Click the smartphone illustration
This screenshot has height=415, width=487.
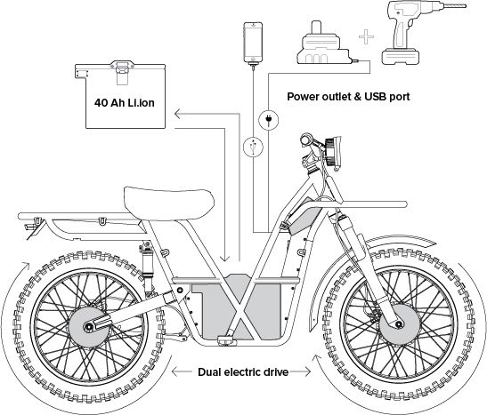coord(252,42)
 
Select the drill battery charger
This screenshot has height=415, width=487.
coord(323,44)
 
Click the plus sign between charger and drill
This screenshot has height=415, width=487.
coord(366,37)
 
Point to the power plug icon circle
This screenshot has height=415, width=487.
coord(269,120)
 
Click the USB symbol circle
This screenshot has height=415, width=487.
coord(253,147)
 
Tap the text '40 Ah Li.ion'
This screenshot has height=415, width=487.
coord(125,102)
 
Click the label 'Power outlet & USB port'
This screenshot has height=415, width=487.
coord(348,97)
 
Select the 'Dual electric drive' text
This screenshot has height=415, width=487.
coord(243,371)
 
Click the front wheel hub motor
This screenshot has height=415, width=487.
coord(399,324)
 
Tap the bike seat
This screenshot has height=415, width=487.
coord(169,203)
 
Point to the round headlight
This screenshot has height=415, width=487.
coord(334,152)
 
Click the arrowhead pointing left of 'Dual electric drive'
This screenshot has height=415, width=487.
coord(175,371)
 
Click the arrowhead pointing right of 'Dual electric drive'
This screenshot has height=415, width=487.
coord(307,371)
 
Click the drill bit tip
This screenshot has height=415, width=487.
coord(466,6)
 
